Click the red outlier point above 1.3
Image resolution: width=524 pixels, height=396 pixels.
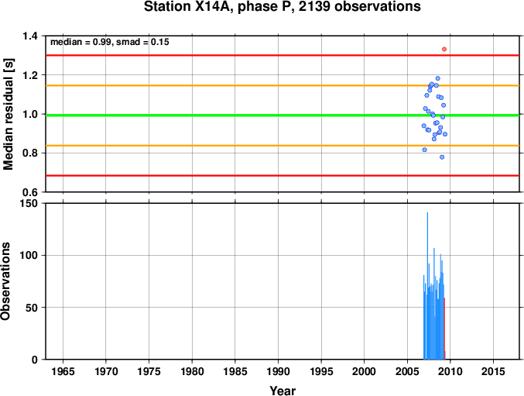click(444, 49)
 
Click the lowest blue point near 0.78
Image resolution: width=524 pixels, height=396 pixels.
click(442, 157)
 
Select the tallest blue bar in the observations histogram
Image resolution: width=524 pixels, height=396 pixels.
click(427, 286)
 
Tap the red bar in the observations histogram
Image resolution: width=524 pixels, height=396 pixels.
click(444, 329)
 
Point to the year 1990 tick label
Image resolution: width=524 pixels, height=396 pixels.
click(278, 371)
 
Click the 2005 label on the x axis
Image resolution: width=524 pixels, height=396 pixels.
click(407, 371)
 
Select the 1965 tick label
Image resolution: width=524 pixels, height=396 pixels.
click(63, 371)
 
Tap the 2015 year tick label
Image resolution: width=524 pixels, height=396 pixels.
click(493, 371)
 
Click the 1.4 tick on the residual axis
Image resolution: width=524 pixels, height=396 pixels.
click(30, 36)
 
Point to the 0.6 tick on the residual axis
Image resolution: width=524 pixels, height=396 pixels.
click(30, 192)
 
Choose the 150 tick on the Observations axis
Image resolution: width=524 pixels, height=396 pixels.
click(29, 203)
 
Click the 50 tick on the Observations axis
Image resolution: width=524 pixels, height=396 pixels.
click(32, 308)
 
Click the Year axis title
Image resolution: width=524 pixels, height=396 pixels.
click(283, 391)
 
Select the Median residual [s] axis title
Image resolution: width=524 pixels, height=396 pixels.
click(8, 114)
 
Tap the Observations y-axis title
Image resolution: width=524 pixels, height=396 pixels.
click(5, 281)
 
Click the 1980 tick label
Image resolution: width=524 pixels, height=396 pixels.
click(192, 371)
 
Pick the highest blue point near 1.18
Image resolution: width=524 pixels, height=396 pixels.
click(438, 78)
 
